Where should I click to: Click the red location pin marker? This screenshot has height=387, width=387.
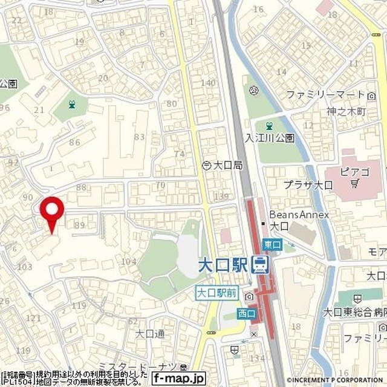pos(52,212)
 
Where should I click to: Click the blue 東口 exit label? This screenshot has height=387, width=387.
pos(273,244)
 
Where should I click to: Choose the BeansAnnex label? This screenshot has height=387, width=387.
pos(299,215)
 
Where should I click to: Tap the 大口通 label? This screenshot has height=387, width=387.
pos(150,333)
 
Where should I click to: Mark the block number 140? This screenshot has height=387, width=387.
pos(207,83)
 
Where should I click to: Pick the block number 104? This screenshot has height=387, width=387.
pos(128,261)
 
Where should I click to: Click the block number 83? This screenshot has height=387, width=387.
pos(139,137)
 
